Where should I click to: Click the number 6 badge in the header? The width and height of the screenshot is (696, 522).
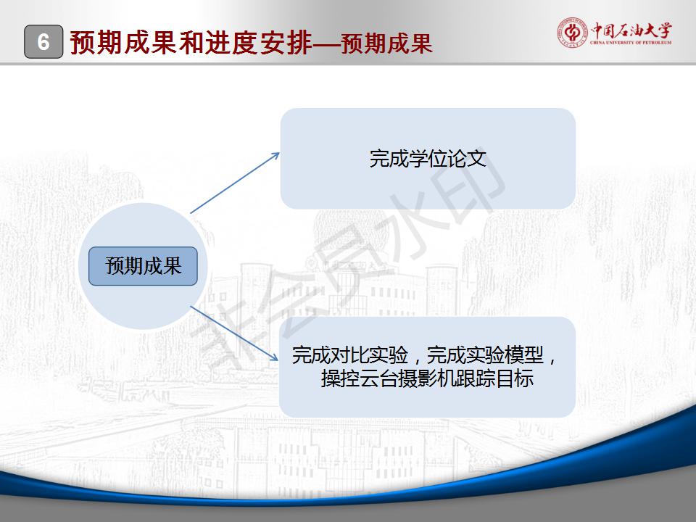(x=43, y=42)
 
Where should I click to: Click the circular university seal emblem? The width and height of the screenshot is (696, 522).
(x=572, y=32)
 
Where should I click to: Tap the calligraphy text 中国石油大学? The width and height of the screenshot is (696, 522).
(x=631, y=30)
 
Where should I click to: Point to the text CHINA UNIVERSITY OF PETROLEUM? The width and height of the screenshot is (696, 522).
(x=631, y=43)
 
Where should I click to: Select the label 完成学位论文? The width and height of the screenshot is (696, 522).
(x=428, y=159)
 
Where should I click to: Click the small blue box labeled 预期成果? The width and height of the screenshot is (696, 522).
(x=143, y=266)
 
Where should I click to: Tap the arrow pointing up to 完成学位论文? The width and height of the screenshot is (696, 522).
(x=235, y=183)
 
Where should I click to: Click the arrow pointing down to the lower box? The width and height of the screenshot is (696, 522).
(x=234, y=333)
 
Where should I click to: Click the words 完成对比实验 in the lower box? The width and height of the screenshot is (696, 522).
(x=349, y=355)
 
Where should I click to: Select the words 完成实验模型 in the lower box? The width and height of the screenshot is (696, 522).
(x=485, y=355)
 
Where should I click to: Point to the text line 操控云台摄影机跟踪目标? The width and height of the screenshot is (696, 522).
(x=427, y=378)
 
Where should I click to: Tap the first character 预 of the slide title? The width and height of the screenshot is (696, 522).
(x=83, y=43)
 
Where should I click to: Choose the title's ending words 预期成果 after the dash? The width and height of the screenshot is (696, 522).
(x=386, y=43)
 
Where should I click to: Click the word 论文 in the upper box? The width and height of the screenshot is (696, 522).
(x=467, y=159)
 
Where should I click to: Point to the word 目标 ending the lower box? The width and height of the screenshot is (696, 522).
(x=515, y=378)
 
